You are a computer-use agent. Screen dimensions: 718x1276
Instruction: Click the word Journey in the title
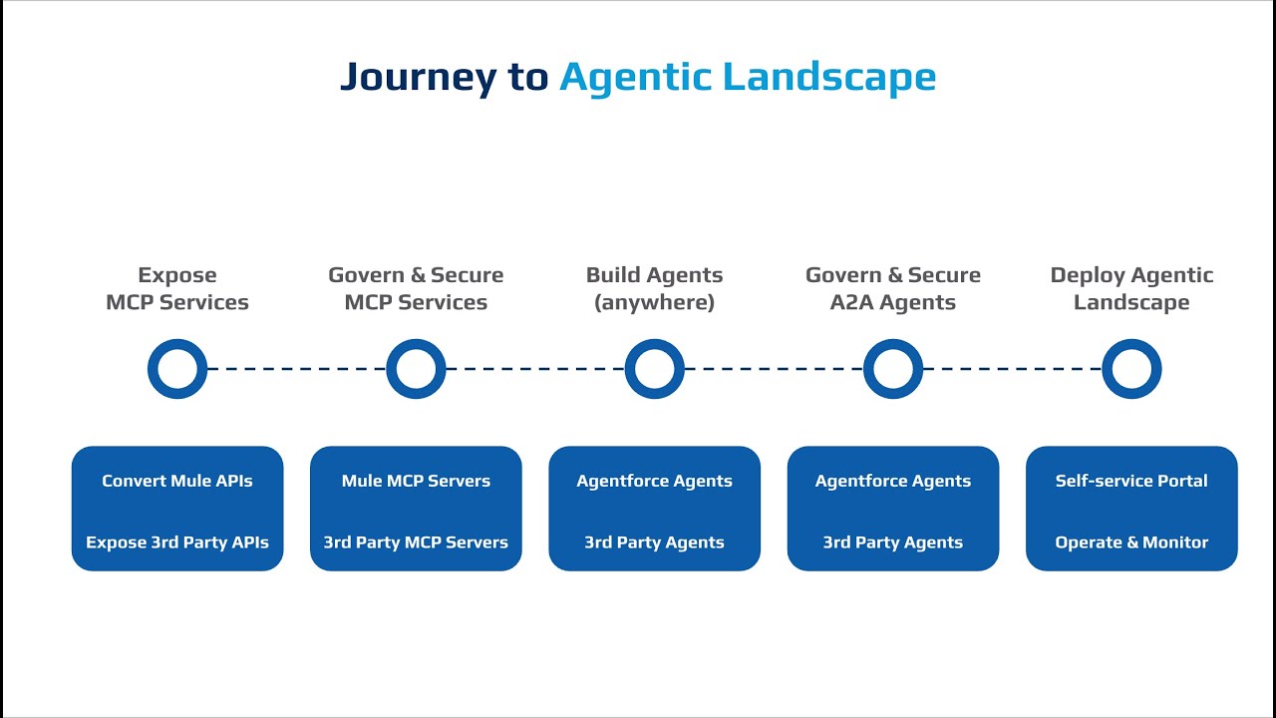[417, 78]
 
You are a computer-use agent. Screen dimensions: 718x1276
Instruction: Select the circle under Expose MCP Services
[177, 369]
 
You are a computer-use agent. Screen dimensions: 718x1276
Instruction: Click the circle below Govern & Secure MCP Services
[416, 369]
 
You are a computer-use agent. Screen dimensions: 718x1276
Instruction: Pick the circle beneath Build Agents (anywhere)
[654, 369]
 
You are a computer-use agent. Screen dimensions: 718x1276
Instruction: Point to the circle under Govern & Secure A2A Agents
[893, 369]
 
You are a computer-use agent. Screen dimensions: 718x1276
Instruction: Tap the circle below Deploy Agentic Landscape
[1131, 369]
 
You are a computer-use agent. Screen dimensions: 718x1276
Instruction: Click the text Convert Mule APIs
[177, 481]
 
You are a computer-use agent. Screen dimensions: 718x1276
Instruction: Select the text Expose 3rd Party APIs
[177, 542]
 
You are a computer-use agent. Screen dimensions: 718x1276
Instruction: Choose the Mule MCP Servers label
[416, 481]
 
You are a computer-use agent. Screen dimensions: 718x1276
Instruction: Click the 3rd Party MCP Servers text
[416, 542]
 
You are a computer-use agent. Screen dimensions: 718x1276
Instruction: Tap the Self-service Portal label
[1131, 481]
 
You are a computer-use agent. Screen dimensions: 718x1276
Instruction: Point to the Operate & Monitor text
[1131, 542]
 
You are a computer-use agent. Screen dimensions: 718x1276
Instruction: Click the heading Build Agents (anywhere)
[654, 288]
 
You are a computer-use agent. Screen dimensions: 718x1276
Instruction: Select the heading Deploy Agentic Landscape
[1131, 288]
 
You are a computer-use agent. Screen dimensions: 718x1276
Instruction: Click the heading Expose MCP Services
[177, 288]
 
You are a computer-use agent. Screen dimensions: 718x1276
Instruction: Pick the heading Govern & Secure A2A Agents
[893, 288]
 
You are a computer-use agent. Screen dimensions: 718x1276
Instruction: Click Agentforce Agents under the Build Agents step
[654, 481]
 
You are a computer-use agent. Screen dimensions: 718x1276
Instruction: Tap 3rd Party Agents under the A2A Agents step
[893, 542]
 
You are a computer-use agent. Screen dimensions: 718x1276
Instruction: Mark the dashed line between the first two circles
[296, 369]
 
